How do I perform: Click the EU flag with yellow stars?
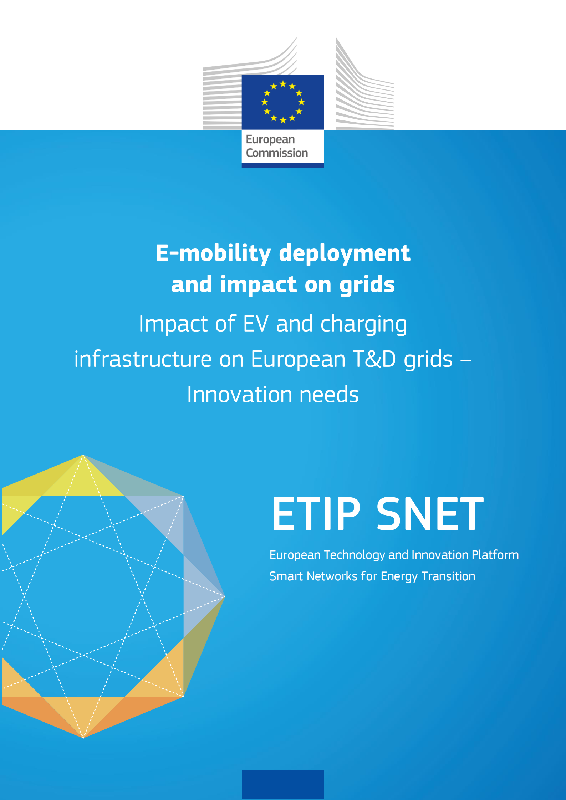click(x=283, y=102)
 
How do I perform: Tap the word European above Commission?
click(x=270, y=140)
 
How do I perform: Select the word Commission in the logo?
click(x=277, y=153)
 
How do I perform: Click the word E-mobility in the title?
click(x=213, y=253)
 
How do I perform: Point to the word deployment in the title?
click(x=345, y=253)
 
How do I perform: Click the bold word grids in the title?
click(x=367, y=285)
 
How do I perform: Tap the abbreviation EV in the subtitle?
click(x=255, y=324)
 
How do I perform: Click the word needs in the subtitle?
click(x=329, y=395)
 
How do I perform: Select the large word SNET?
click(x=430, y=514)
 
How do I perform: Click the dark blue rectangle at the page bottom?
click(x=283, y=785)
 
